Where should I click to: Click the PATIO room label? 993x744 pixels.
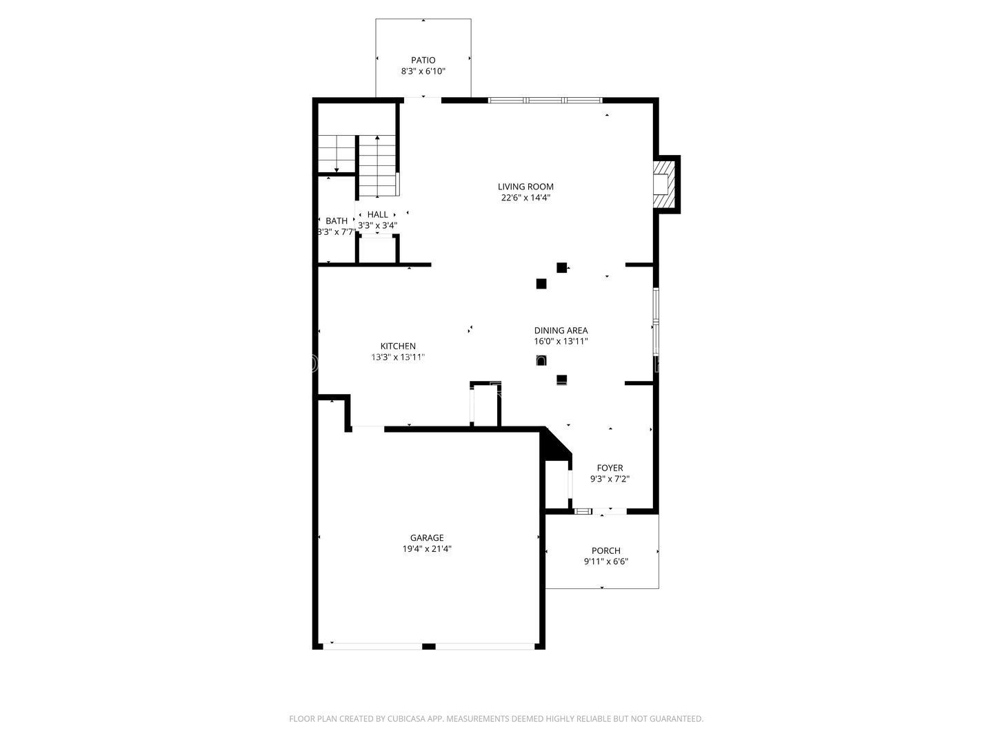click(x=423, y=60)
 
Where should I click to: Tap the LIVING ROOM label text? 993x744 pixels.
click(x=525, y=187)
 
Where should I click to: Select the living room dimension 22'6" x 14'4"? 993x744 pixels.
click(x=525, y=198)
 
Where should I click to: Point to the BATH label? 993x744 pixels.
click(x=337, y=221)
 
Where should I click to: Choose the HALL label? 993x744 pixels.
click(x=377, y=214)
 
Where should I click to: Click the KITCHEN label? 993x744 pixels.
click(x=398, y=346)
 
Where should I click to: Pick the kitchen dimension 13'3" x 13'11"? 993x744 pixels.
click(x=398, y=358)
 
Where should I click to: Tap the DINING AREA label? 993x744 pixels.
click(x=561, y=330)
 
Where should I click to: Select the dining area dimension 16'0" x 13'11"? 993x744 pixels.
click(x=561, y=341)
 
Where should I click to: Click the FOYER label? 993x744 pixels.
click(x=610, y=468)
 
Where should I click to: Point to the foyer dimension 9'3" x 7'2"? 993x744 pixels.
click(x=610, y=479)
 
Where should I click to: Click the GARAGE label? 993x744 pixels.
click(x=427, y=537)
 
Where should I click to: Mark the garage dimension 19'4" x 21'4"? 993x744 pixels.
click(x=427, y=549)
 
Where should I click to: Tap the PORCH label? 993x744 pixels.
click(x=605, y=550)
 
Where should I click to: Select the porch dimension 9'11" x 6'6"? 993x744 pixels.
click(x=605, y=561)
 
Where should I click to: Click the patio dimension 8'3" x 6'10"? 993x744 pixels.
click(x=423, y=71)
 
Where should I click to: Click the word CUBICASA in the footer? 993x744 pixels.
click(x=406, y=719)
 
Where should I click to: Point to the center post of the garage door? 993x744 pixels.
click(x=428, y=646)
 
